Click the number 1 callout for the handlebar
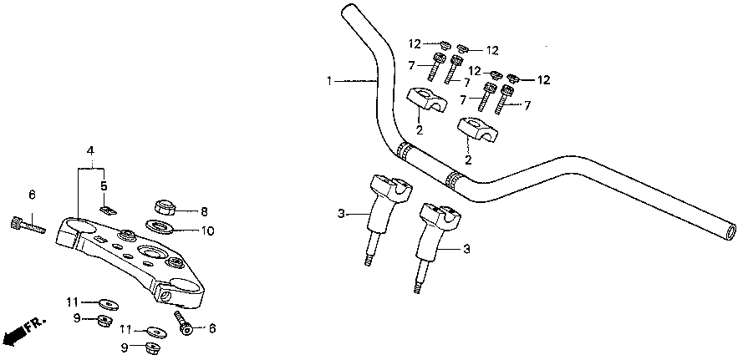click(x=330, y=81)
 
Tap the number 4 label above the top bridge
click(x=90, y=150)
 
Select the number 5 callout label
click(x=104, y=186)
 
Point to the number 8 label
click(x=203, y=211)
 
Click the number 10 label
click(x=206, y=230)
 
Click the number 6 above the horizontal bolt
click(x=32, y=195)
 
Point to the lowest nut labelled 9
click(x=152, y=348)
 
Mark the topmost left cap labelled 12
click(x=445, y=44)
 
